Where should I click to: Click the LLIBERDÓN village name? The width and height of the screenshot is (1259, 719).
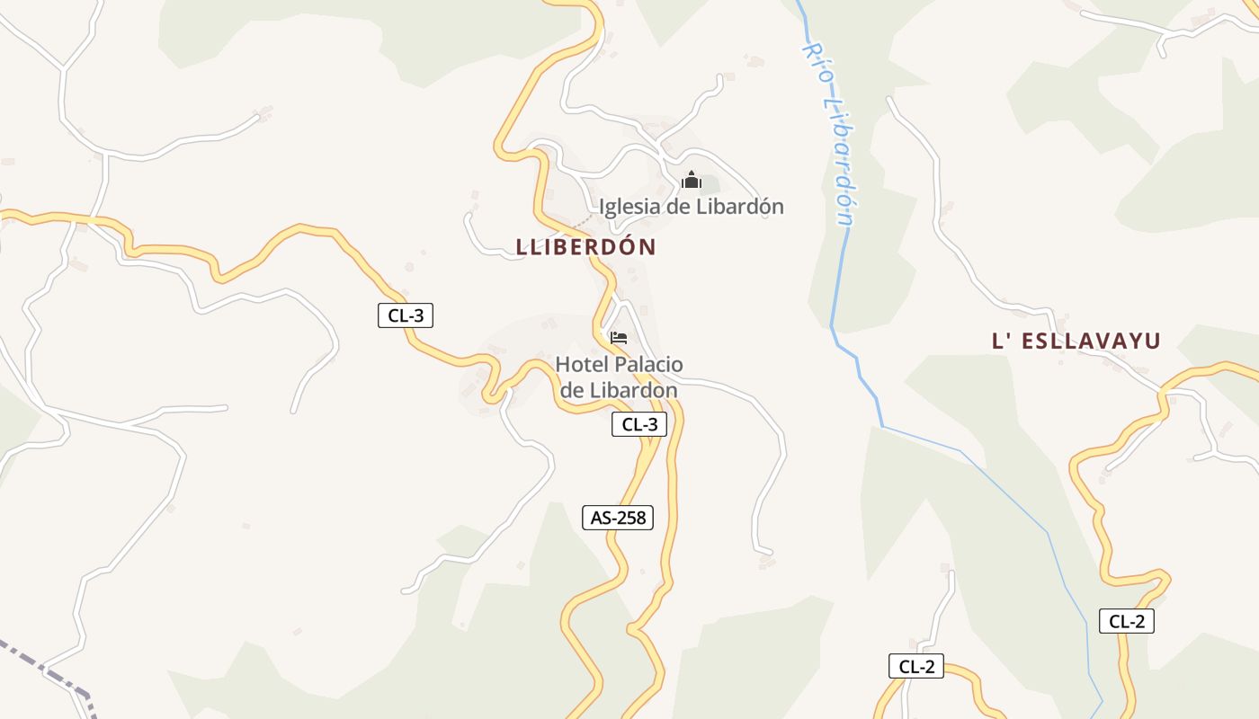tap(586, 247)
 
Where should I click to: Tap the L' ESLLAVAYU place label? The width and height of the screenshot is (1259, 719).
tap(1076, 341)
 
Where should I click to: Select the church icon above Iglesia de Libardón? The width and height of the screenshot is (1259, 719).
tap(691, 181)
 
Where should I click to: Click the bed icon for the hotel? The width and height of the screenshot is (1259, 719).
tap(618, 338)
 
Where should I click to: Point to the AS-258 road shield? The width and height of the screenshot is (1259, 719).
tap(617, 518)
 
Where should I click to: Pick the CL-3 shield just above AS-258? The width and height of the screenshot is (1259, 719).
tap(639, 424)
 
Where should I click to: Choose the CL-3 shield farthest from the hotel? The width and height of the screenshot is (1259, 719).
tap(406, 315)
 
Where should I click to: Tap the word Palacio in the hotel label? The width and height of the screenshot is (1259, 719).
tap(648, 365)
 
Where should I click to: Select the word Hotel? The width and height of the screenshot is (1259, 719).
tap(582, 365)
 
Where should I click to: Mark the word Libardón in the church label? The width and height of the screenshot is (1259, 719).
tap(741, 207)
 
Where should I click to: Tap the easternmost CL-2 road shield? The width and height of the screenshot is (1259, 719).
tap(1126, 621)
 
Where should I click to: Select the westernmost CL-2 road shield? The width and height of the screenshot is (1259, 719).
tap(916, 666)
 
